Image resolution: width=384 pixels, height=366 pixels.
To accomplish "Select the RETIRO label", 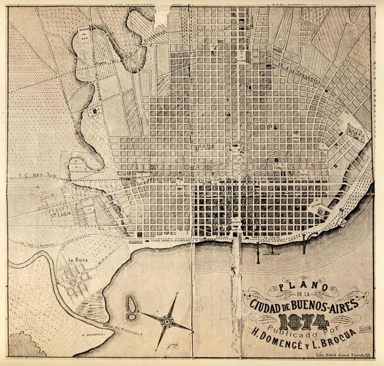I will click(316, 204).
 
